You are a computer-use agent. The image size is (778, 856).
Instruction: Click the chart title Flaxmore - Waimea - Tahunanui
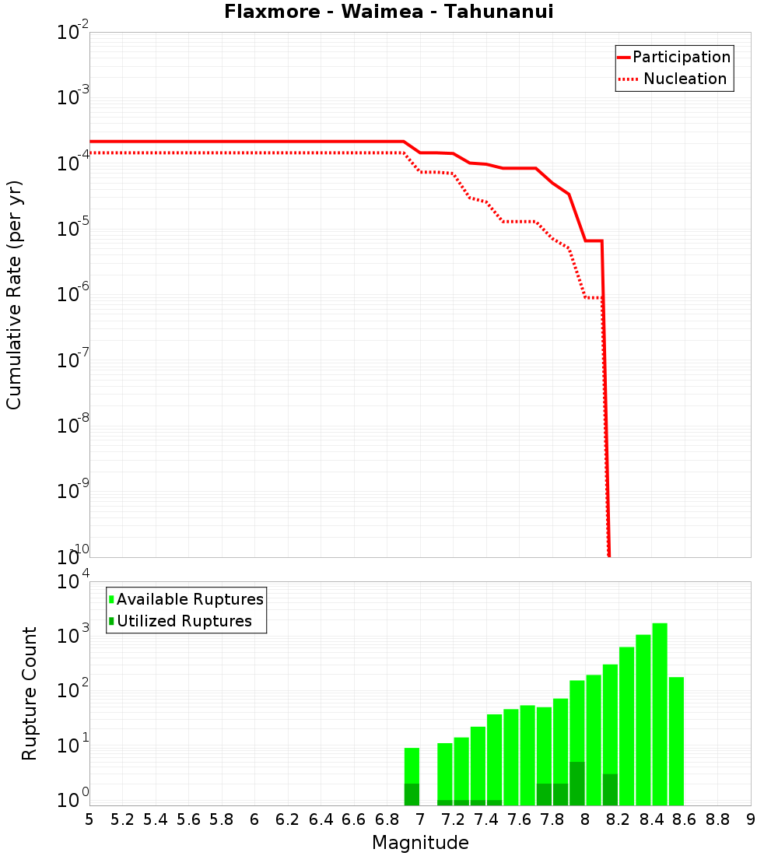pyautogui.click(x=388, y=12)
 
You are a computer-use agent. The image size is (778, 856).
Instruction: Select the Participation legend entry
pyautogui.click(x=682, y=57)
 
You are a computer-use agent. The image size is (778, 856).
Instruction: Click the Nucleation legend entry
pyautogui.click(x=685, y=79)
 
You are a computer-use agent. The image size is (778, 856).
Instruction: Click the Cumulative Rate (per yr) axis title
pyautogui.click(x=14, y=294)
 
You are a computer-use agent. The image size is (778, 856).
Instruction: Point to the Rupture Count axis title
pyautogui.click(x=30, y=693)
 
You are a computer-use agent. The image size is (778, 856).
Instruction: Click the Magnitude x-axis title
pyautogui.click(x=420, y=843)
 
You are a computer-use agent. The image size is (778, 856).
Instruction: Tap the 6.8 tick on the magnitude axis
pyautogui.click(x=387, y=819)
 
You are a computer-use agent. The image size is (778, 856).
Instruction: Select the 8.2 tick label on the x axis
pyautogui.click(x=619, y=819)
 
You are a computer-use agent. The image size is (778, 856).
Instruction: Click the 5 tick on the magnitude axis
pyautogui.click(x=89, y=819)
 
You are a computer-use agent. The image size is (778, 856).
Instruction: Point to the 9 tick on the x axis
pyautogui.click(x=751, y=819)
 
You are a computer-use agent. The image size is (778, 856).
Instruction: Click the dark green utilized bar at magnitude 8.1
pyautogui.click(x=610, y=790)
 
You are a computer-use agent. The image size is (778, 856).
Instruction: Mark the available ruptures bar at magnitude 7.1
pyautogui.click(x=445, y=770)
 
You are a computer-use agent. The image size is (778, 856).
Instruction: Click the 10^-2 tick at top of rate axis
pyautogui.click(x=73, y=33)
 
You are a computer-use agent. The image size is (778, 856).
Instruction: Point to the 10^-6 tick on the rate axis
pyautogui.click(x=73, y=295)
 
